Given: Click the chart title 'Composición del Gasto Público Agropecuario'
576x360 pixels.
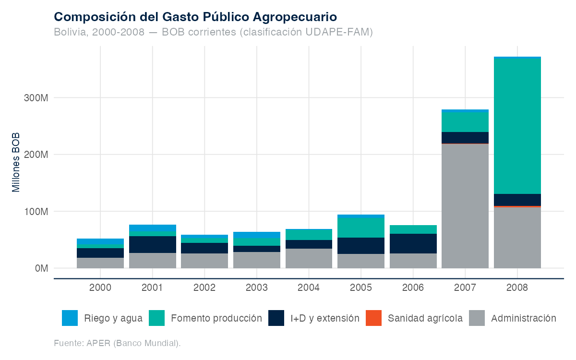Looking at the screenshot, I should pos(195,17).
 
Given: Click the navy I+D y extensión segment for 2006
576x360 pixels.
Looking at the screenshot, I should pos(413,244).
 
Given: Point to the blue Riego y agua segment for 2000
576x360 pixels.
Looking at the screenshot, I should pos(100,241).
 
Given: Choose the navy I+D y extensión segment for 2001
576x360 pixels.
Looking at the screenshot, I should pos(153,244).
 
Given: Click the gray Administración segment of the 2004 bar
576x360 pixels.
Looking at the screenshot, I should pos(309,258).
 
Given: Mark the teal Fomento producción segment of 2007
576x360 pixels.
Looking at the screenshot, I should pos(465,122).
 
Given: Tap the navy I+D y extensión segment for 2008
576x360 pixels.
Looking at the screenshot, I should pos(517,200).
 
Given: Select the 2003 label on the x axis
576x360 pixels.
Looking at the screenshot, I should pos(257,288).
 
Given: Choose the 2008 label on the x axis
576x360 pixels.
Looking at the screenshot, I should pos(517,288).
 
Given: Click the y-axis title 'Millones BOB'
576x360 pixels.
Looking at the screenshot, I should pos(16,162).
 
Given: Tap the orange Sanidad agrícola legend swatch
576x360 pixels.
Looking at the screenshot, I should pos(373,318).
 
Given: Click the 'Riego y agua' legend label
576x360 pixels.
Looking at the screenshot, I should pos(113,318).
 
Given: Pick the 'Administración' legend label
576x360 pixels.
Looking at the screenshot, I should pos(524,318).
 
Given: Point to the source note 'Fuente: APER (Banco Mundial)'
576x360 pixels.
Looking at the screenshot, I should pos(117,343).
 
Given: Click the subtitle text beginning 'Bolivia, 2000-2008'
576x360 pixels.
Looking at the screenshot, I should pos(213,32).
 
